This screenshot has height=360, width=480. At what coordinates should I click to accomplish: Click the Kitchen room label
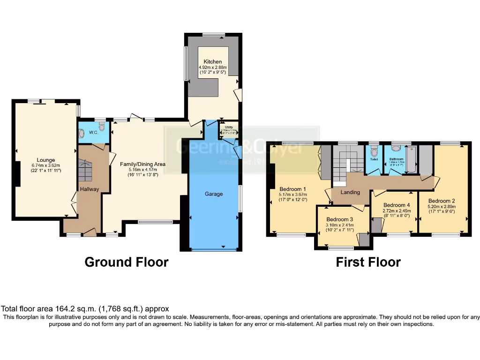[212, 61]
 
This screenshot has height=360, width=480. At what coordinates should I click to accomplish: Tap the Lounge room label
[46, 160]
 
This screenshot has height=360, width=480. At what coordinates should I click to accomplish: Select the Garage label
[214, 194]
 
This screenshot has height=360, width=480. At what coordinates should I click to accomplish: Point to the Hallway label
[89, 189]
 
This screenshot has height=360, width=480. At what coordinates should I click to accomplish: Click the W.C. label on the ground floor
[93, 133]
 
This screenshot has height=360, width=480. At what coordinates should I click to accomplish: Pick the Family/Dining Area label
[143, 164]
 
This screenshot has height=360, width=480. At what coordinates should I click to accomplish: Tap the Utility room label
[229, 127]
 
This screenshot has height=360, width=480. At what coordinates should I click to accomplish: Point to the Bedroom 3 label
[340, 219]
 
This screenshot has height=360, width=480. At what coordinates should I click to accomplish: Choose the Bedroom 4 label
[397, 205]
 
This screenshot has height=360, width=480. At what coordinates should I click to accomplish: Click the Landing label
[350, 192]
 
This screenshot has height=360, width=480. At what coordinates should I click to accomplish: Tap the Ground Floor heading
[126, 262]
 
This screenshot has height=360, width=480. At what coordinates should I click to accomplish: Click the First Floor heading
[368, 262]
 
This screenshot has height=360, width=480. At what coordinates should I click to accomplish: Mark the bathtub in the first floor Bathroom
[411, 160]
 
